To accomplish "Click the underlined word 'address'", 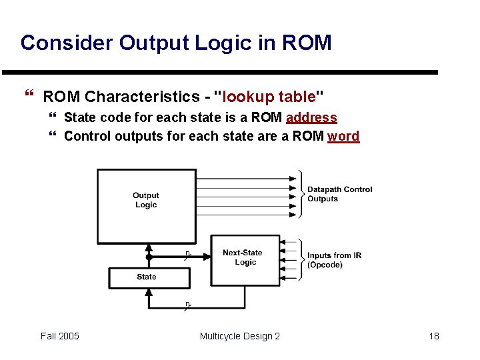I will click(311, 118).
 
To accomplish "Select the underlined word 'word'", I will click(343, 137).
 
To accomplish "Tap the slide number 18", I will click(434, 336).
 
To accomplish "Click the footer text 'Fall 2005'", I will click(59, 336).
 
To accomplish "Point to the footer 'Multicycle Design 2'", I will click(240, 336).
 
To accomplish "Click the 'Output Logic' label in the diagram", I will click(145, 200).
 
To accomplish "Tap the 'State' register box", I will click(147, 277).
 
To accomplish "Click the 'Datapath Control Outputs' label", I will click(339, 194).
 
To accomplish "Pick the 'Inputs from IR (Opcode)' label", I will click(334, 260).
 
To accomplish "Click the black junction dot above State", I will click(149, 257).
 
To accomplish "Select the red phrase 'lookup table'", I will click(268, 97).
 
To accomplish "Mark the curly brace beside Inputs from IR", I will click(302, 259).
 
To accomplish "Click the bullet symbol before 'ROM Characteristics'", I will click(29, 97).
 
